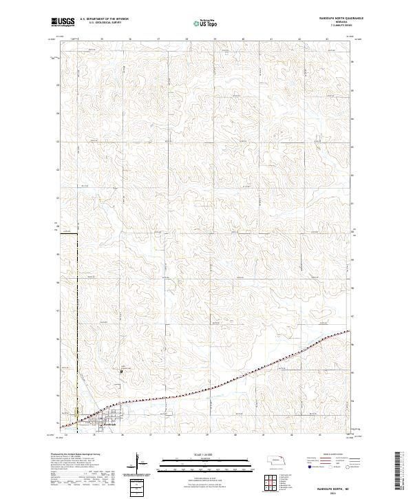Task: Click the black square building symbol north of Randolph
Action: point(121,371)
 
